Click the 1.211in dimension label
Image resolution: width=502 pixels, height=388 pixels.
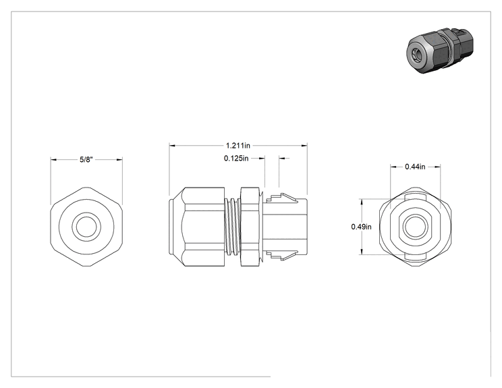238,146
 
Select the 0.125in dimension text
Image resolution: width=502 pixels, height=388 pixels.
236,158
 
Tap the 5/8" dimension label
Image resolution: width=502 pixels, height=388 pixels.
86,159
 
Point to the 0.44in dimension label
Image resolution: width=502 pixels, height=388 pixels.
415,167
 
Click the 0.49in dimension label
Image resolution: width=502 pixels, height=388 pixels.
361,227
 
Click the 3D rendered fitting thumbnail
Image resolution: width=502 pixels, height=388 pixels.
439,50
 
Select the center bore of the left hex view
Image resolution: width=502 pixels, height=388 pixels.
86,227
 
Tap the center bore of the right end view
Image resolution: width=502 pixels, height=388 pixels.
415,227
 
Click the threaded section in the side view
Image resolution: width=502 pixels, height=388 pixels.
232,227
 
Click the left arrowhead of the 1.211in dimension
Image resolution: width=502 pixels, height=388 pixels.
172,146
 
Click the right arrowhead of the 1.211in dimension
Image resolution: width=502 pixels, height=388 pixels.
304,146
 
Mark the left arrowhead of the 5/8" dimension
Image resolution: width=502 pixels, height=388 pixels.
53,159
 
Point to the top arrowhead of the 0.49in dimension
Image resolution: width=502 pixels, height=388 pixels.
362,202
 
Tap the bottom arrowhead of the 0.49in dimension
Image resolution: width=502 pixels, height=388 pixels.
362,252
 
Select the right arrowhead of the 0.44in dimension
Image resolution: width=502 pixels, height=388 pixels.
437,167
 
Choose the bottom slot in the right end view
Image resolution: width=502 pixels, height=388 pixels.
415,256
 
